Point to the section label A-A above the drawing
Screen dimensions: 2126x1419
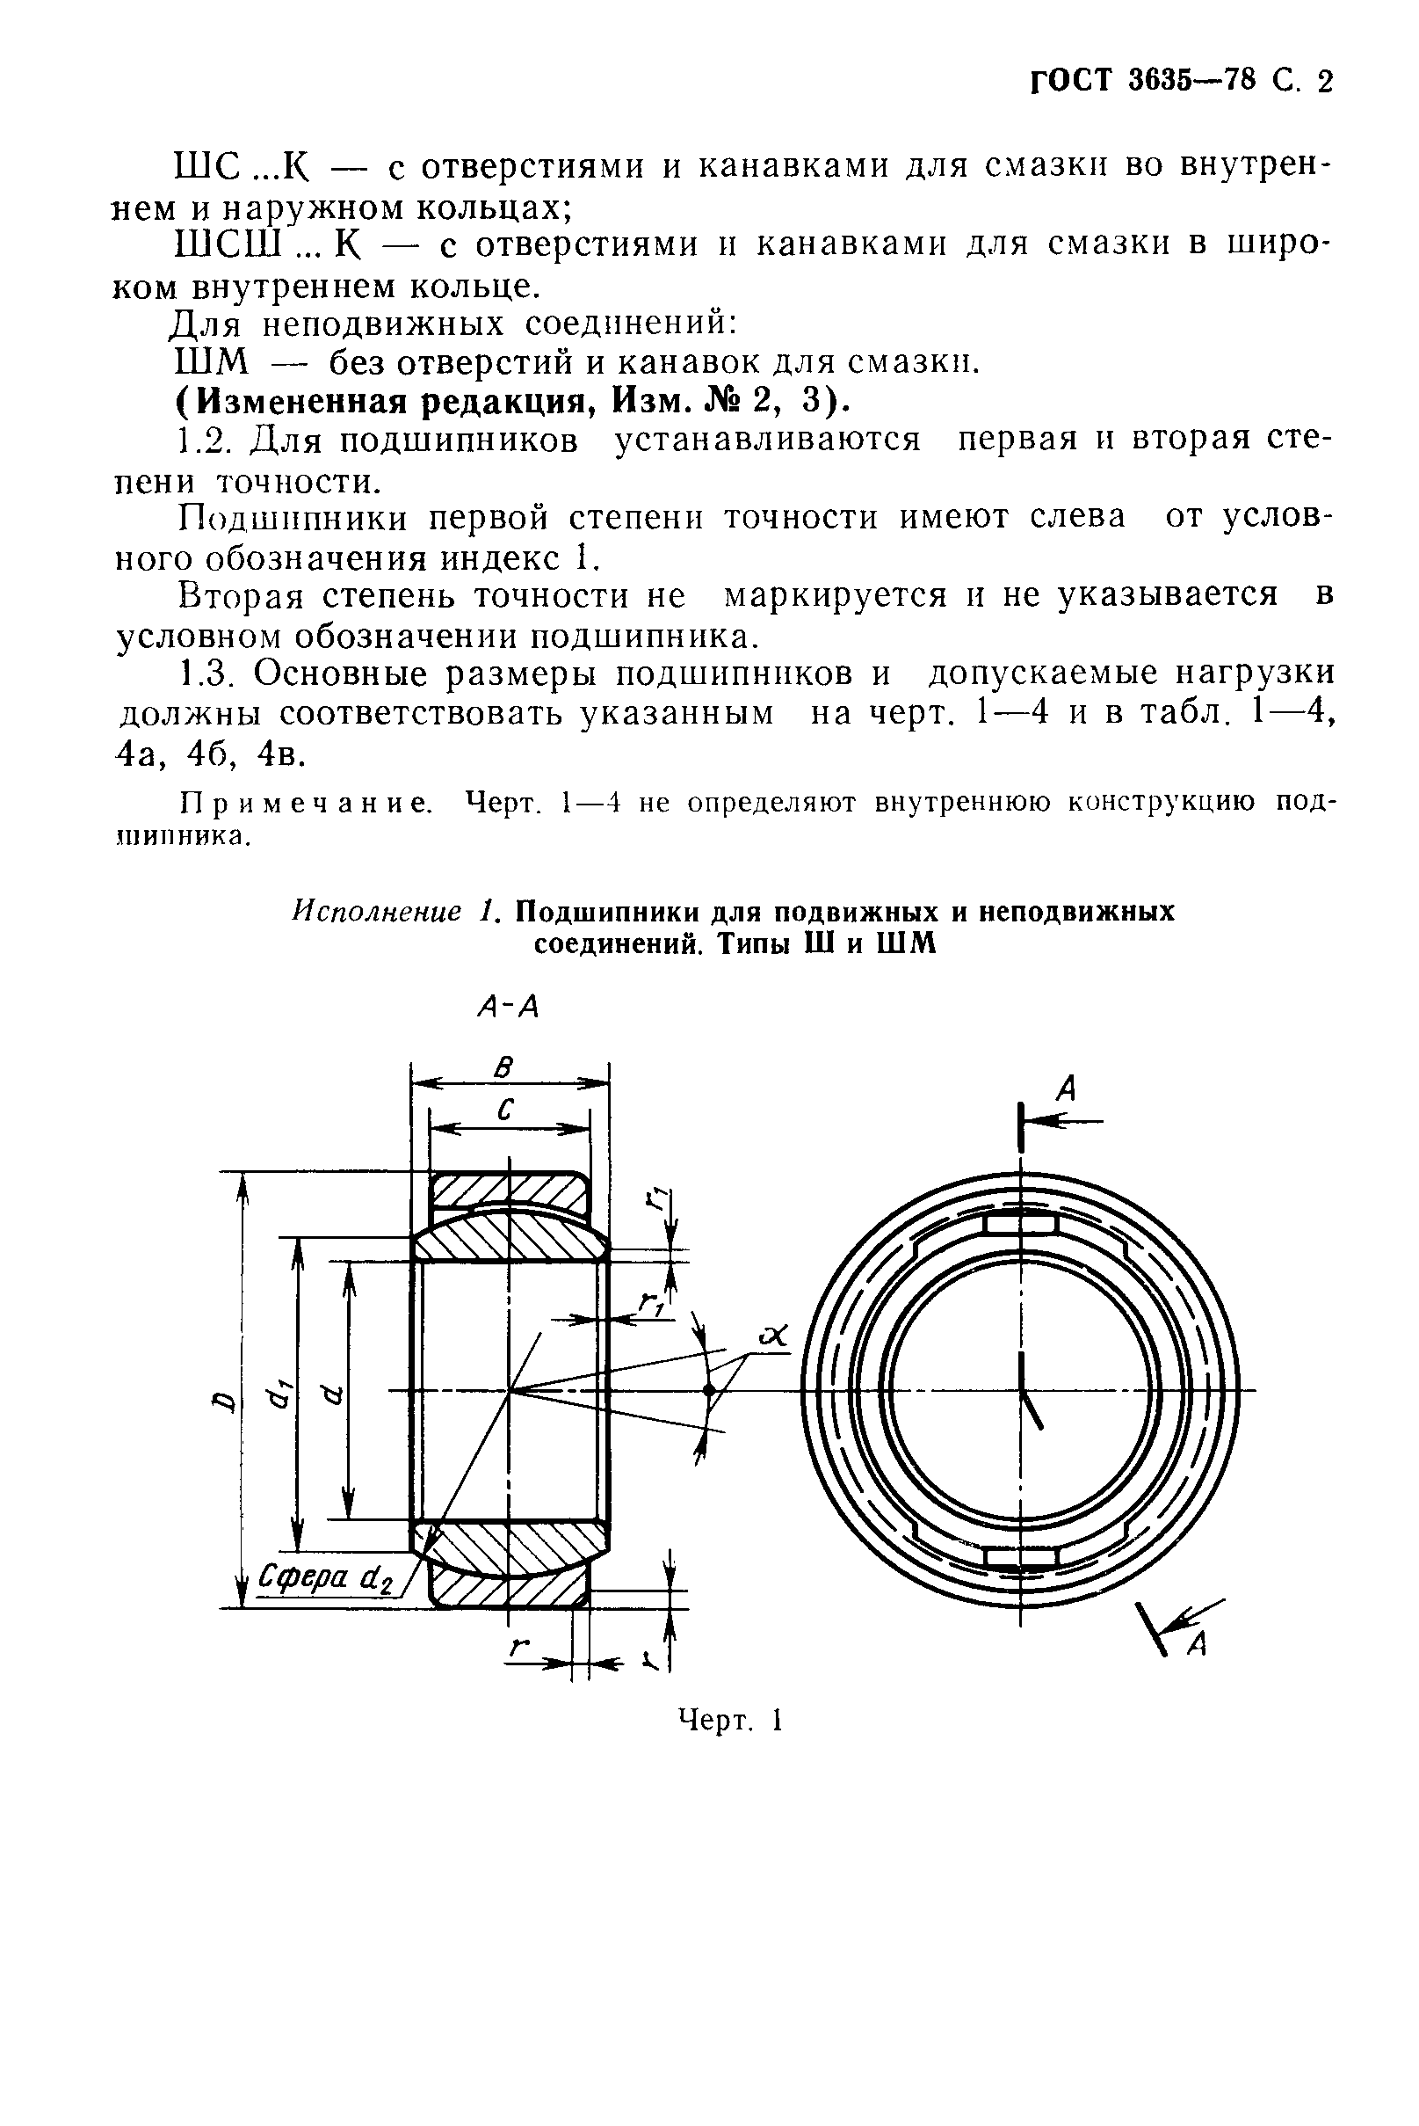[x=508, y=1006]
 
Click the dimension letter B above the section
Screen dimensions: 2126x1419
[x=503, y=1068]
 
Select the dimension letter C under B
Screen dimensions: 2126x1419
[x=506, y=1110]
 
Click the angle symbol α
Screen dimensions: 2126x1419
[x=776, y=1335]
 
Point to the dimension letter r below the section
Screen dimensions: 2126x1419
[x=518, y=1649]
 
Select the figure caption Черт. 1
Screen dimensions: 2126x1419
[x=729, y=1721]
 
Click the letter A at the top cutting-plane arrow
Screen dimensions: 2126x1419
[x=1067, y=1088]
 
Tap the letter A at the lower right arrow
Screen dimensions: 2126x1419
[x=1197, y=1644]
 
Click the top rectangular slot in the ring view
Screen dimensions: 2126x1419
[x=1020, y=1225]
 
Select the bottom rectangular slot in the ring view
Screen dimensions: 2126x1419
[x=1020, y=1556]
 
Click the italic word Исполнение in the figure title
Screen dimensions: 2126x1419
[x=375, y=911]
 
